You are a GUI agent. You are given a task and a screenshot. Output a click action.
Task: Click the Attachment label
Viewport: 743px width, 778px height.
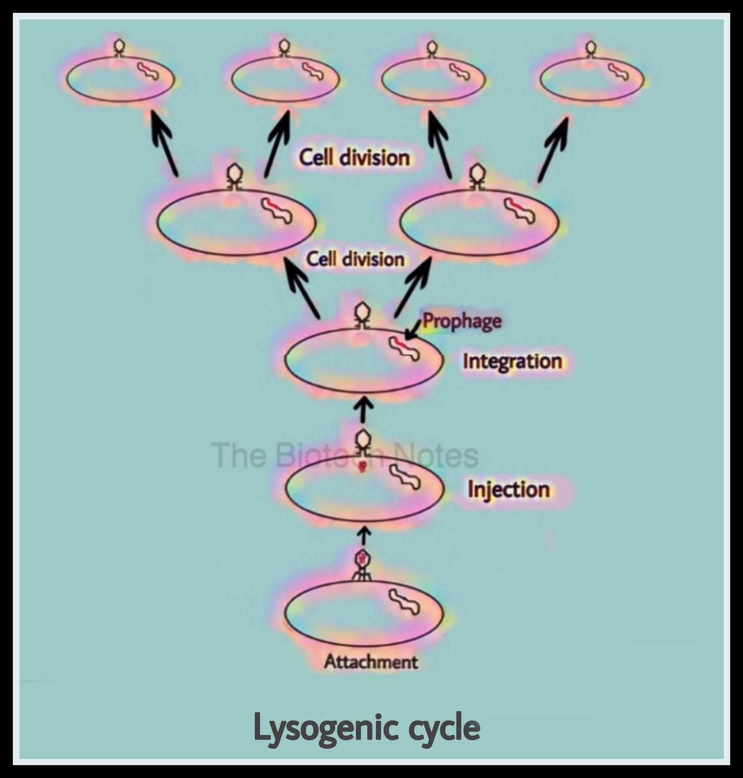[x=370, y=662]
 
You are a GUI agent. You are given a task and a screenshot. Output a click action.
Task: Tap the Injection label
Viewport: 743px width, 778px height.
[x=509, y=489]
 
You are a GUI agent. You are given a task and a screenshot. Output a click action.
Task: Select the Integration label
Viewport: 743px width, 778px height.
[x=512, y=361]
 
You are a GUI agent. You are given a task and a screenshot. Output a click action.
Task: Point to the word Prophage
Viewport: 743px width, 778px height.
[x=462, y=321]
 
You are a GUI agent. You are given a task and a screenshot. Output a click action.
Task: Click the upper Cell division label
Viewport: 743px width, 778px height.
[x=354, y=157]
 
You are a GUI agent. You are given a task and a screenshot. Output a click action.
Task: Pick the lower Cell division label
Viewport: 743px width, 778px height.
[x=355, y=259]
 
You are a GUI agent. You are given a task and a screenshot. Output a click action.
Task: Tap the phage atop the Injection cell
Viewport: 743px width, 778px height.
[x=363, y=442]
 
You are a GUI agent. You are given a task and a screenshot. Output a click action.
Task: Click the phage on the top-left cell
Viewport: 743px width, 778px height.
[x=119, y=47]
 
